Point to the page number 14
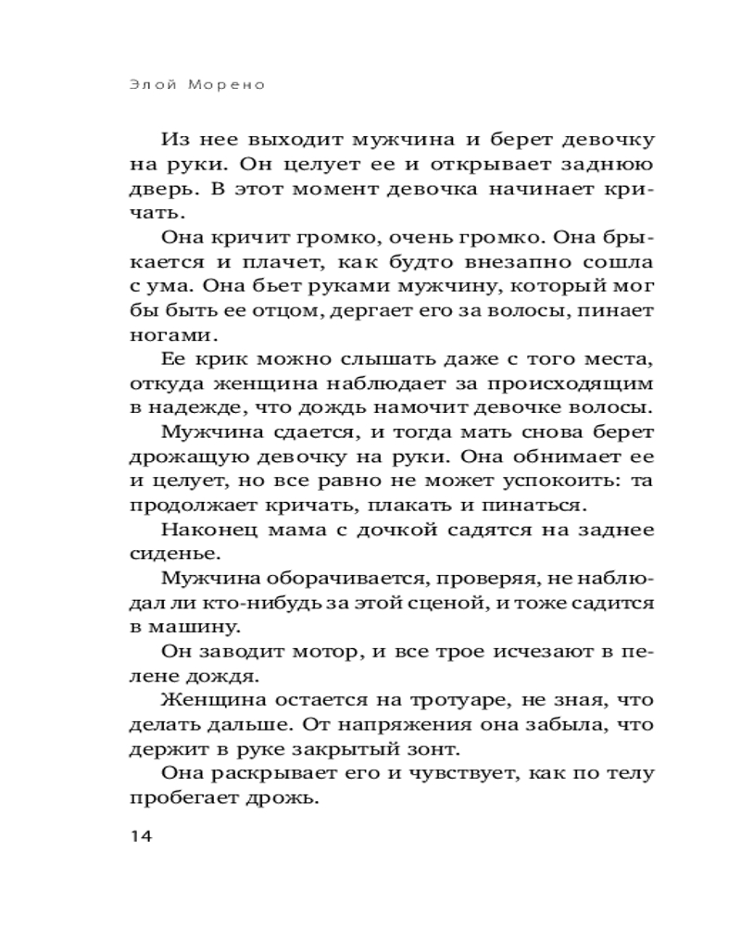tap(140, 836)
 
